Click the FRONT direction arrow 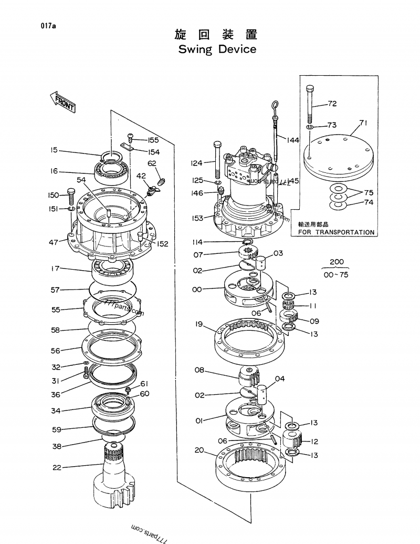click(62, 101)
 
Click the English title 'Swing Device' click(217, 49)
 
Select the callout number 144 click(292, 140)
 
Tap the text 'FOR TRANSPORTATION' click(337, 232)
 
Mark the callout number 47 click(54, 242)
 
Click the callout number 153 click(197, 218)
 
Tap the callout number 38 click(56, 446)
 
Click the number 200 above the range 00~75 click(337, 262)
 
